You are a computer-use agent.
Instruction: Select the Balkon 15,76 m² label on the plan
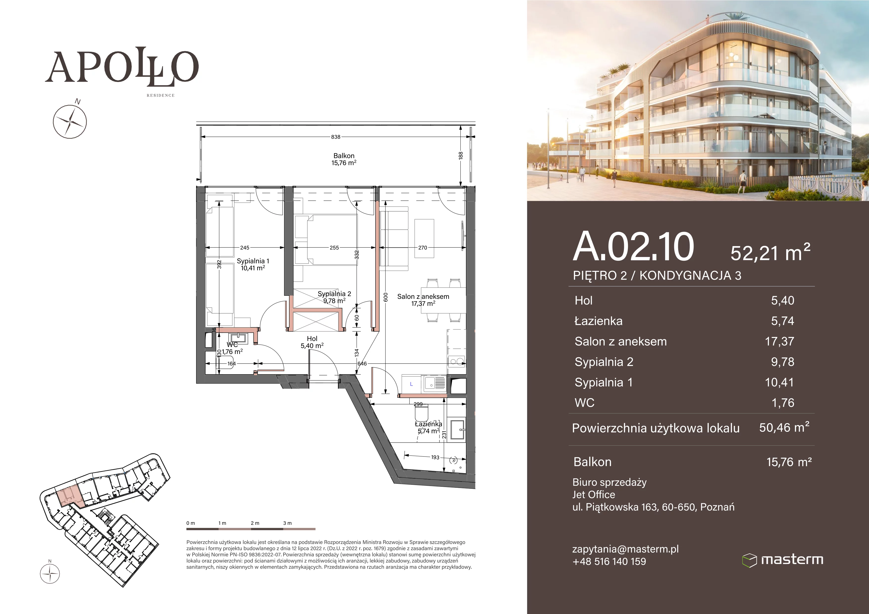pyautogui.click(x=344, y=159)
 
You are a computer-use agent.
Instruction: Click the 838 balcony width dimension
pyautogui.click(x=336, y=137)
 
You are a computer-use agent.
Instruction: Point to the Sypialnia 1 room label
pyautogui.click(x=253, y=264)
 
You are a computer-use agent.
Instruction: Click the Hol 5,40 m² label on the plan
pyautogui.click(x=312, y=342)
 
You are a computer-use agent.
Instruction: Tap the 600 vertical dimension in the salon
pyautogui.click(x=386, y=297)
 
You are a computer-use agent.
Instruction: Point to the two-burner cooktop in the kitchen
pyautogui.click(x=457, y=362)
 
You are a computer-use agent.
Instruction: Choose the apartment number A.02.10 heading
pyautogui.click(x=634, y=247)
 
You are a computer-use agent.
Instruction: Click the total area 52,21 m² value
pyautogui.click(x=770, y=253)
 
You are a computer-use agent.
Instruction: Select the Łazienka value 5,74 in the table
pyautogui.click(x=783, y=321)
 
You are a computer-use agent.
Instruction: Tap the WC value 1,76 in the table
pyautogui.click(x=783, y=403)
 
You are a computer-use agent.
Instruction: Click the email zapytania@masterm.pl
pyautogui.click(x=625, y=549)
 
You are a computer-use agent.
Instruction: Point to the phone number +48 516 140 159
pyautogui.click(x=609, y=562)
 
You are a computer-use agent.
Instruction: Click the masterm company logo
pyautogui.click(x=782, y=560)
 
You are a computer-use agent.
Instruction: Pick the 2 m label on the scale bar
pyautogui.click(x=255, y=523)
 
